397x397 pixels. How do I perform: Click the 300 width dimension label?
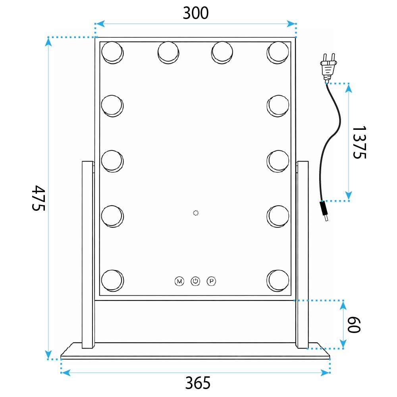[x=195, y=13]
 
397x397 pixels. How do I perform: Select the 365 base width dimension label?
[x=197, y=383]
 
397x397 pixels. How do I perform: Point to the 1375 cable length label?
[x=358, y=142]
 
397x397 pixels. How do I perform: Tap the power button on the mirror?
[x=195, y=281]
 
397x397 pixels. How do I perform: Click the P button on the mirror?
[x=212, y=281]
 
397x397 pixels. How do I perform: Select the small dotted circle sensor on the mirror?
[x=195, y=213]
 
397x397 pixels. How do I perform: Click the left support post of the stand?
[x=87, y=254]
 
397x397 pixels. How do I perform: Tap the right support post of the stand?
[x=303, y=254]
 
